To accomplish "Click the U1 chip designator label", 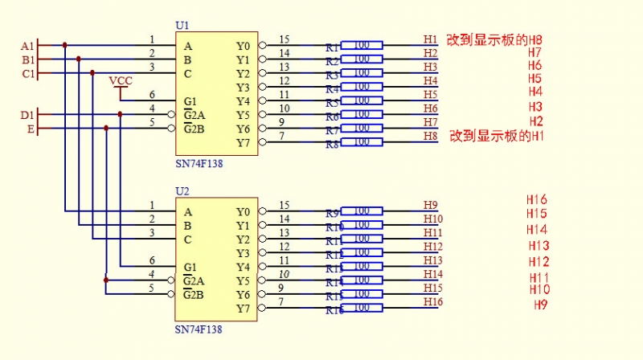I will (x=182, y=26).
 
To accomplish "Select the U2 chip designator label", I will (x=182, y=191).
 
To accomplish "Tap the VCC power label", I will (x=121, y=80).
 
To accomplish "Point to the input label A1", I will (x=27, y=46).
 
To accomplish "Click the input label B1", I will (x=27, y=59).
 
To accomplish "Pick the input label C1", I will (x=27, y=74).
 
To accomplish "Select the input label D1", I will (x=27, y=115).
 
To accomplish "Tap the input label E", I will (x=31, y=129).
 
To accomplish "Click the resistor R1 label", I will (x=332, y=48).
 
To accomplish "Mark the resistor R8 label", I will (x=332, y=145).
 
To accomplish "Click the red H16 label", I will (x=537, y=199).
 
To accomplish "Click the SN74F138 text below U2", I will (x=199, y=329).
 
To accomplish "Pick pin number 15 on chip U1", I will (x=284, y=39).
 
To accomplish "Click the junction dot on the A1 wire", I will (x=65, y=46).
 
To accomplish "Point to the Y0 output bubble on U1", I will (x=262, y=46).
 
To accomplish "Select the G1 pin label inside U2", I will (x=190, y=267).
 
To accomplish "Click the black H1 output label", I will (x=431, y=39).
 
